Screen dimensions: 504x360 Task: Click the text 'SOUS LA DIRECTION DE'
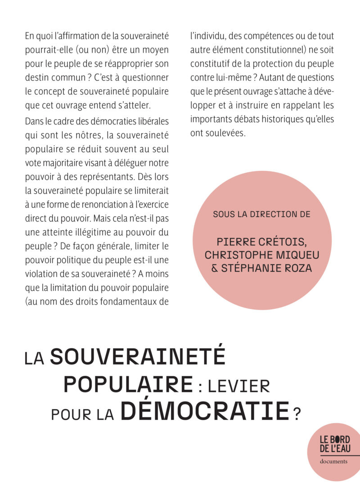pos(261,214)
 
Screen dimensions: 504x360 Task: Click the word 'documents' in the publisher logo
pos(333,462)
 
